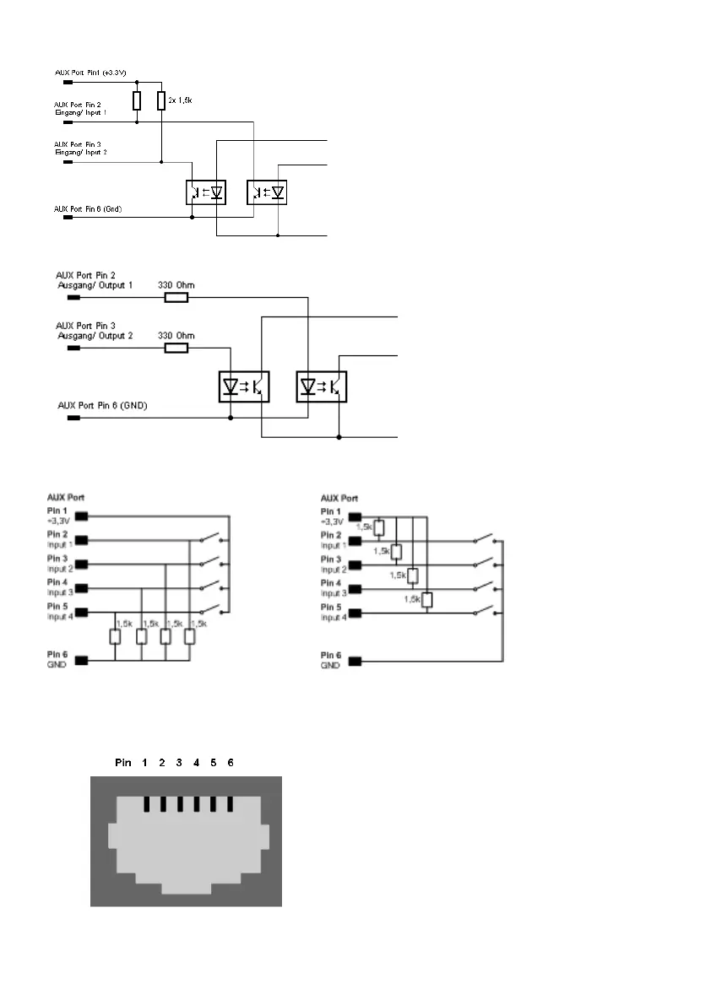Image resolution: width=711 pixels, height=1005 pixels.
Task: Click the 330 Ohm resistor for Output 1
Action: click(176, 297)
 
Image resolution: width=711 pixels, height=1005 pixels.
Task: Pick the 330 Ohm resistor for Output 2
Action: click(176, 348)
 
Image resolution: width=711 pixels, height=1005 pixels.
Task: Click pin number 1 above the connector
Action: click(145, 762)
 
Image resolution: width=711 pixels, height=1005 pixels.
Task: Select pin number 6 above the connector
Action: click(231, 762)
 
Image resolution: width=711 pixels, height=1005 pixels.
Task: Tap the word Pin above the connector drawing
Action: click(123, 762)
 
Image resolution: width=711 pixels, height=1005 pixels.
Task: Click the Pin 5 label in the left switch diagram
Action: click(57, 612)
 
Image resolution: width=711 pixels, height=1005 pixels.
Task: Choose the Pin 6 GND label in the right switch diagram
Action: click(330, 660)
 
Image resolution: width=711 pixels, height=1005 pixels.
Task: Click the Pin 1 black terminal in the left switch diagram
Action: click(82, 515)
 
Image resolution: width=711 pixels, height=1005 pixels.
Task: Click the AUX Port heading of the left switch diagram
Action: click(65, 498)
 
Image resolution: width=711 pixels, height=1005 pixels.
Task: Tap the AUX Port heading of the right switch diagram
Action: click(339, 498)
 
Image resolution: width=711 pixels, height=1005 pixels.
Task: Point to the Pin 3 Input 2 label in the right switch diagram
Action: click(331, 564)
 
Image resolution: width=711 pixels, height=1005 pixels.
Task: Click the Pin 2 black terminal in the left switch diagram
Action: click(82, 539)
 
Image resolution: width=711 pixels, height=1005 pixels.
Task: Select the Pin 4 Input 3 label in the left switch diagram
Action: click(57, 587)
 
